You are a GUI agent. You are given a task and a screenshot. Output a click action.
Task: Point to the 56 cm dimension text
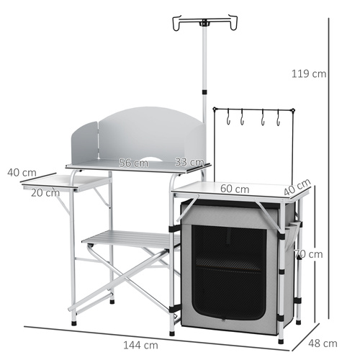click(x=133, y=163)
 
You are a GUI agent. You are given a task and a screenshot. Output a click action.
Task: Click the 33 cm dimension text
click(x=190, y=163)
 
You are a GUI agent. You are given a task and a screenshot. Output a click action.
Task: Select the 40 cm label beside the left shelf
click(x=22, y=173)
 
